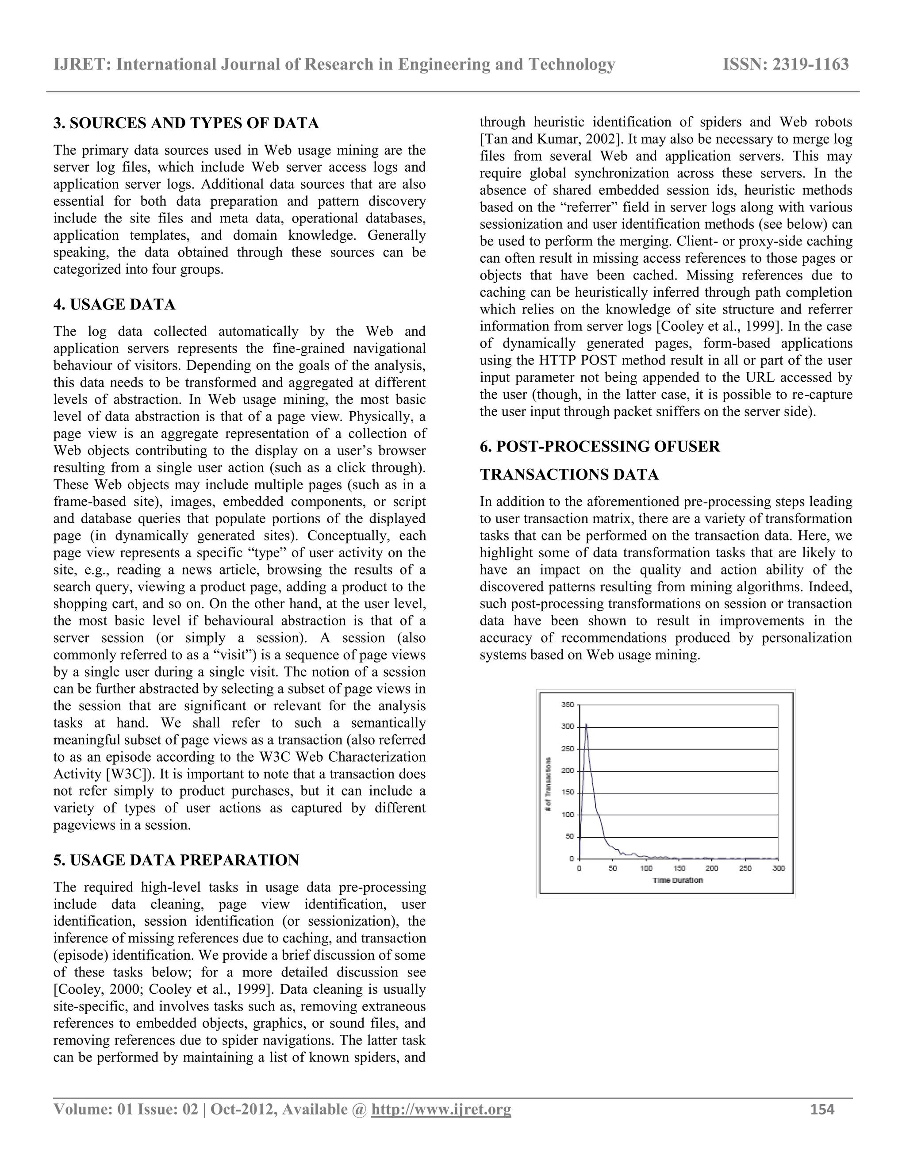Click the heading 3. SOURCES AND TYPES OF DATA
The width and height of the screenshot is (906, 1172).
click(186, 123)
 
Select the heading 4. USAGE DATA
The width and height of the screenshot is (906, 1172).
click(114, 305)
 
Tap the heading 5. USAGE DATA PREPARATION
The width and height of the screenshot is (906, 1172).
click(176, 860)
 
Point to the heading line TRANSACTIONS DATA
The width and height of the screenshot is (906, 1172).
click(569, 475)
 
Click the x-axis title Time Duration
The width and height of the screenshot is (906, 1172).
click(677, 880)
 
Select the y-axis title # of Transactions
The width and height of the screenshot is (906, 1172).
click(548, 785)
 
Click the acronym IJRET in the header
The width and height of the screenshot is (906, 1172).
click(81, 65)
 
